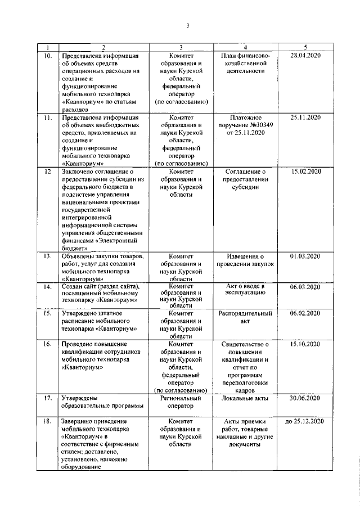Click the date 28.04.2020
[305, 57]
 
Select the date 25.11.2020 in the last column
[305, 118]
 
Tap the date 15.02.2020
[305, 171]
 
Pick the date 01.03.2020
[305, 256]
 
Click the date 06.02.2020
[305, 313]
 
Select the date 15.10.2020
[305, 344]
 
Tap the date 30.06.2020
[305, 398]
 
